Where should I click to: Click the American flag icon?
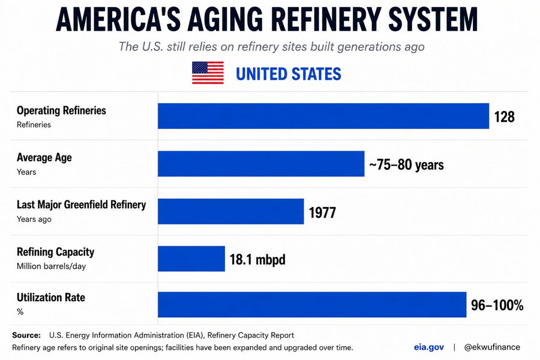[x=208, y=73]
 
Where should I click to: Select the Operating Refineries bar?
[x=323, y=116]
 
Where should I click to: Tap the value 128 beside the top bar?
[x=504, y=117]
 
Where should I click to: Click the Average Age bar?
[x=261, y=164]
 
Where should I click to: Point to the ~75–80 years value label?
[x=406, y=164]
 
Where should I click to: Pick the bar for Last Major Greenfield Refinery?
[x=231, y=211]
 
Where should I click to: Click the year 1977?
[x=322, y=212]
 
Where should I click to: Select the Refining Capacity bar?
[x=191, y=259]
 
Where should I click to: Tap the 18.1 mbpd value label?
[x=257, y=259]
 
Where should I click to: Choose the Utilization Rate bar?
[x=312, y=305]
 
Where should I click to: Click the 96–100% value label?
[x=497, y=305]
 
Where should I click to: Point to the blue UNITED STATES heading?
[x=289, y=74]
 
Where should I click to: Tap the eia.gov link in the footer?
[x=429, y=347]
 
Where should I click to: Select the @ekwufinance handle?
[x=492, y=347]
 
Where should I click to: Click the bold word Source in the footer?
[x=26, y=335]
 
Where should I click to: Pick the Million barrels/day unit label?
[x=52, y=266]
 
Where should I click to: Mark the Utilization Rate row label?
[x=51, y=298]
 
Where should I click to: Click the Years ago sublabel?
[x=34, y=219]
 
